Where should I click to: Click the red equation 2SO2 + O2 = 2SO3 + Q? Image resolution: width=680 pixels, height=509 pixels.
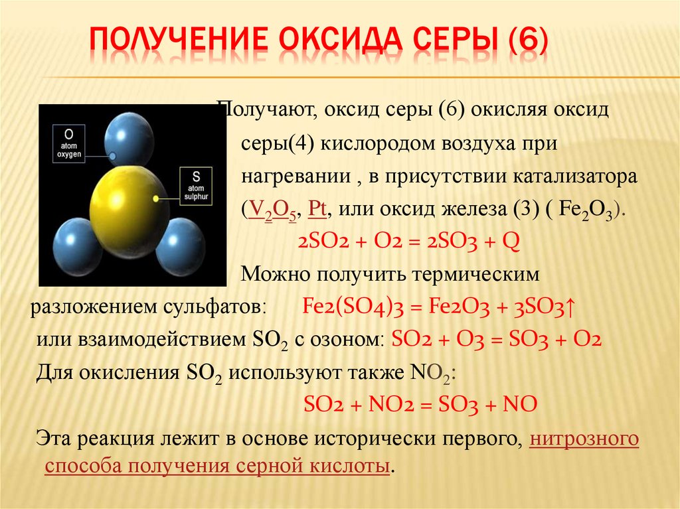409,241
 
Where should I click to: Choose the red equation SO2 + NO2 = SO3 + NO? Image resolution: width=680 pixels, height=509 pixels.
419,403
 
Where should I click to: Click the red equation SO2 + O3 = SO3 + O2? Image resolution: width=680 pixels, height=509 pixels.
497,340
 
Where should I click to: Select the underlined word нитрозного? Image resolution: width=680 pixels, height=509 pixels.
584,439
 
